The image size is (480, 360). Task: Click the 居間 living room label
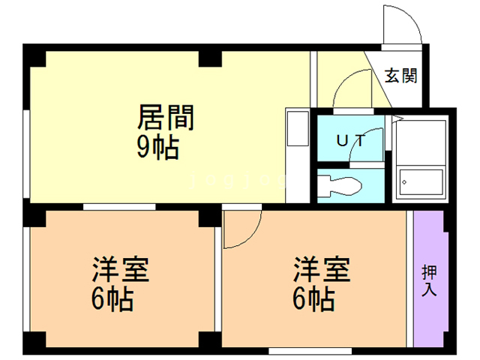click(166, 117)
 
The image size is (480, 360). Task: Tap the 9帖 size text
click(158, 147)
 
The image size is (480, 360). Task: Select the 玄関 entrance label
click(401, 75)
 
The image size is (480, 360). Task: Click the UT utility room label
click(351, 140)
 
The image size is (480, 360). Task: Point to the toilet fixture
click(340, 185)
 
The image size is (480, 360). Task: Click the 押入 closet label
click(429, 280)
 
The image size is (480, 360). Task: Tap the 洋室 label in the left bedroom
click(121, 270)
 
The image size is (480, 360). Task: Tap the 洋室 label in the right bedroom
click(322, 270)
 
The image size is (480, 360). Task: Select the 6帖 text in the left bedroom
click(112, 298)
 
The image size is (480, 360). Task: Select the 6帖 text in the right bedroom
click(313, 298)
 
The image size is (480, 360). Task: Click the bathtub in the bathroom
click(421, 181)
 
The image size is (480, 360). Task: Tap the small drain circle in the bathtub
click(404, 182)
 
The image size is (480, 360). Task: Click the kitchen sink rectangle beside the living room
click(298, 128)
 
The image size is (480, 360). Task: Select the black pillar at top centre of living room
click(210, 58)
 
